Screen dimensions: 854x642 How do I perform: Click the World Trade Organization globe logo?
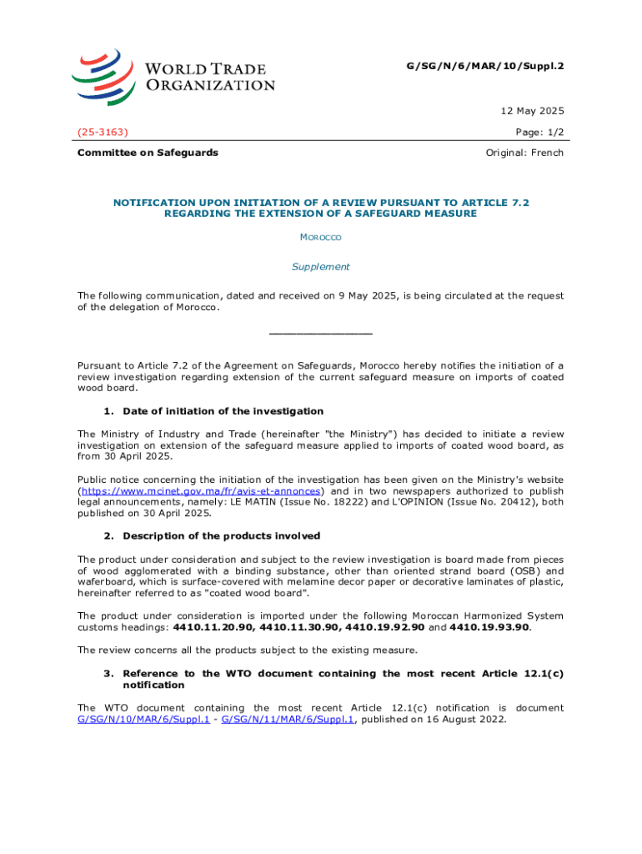click(x=103, y=75)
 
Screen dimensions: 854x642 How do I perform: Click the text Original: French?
click(x=524, y=153)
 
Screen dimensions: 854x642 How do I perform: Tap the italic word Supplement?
click(x=320, y=267)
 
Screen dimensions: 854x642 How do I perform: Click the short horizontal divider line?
click(x=320, y=334)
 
